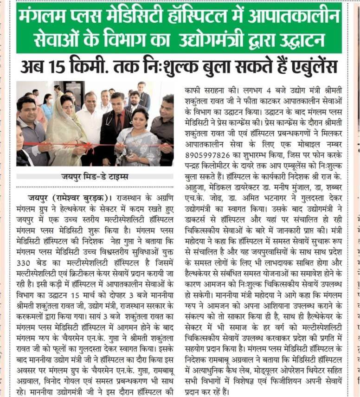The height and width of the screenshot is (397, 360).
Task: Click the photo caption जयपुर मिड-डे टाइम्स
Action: click(95, 177)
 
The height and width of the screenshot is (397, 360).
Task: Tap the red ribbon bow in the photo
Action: click(87, 147)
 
